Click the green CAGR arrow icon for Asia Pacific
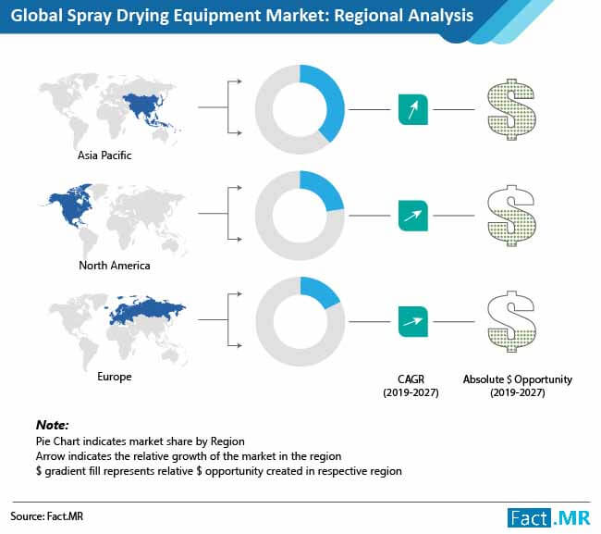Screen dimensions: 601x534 [x=413, y=109]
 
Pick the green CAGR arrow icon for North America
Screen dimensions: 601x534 [x=413, y=216]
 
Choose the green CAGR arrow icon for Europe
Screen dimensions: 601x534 [x=413, y=321]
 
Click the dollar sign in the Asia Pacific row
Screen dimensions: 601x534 [x=511, y=109]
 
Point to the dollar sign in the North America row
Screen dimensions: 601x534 [x=511, y=216]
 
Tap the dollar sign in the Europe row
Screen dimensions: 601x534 [x=511, y=321]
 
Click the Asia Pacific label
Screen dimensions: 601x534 [x=104, y=155]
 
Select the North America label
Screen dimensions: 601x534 [x=115, y=266]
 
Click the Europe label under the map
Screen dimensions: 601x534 [x=115, y=377]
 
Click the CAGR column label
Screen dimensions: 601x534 [x=411, y=386]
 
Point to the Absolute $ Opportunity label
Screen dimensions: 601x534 [x=518, y=386]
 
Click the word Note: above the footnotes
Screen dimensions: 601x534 [x=52, y=425]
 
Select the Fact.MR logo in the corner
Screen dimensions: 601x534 [x=549, y=518]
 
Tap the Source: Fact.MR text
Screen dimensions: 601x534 [x=47, y=516]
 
